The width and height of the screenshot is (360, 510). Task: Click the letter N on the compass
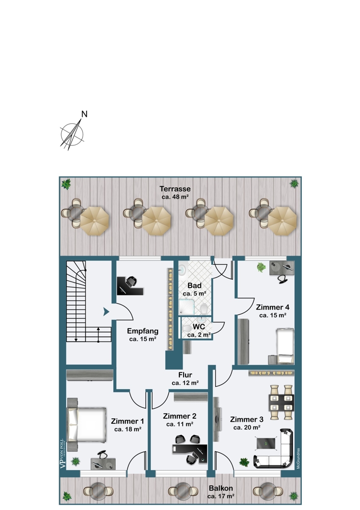[85, 114]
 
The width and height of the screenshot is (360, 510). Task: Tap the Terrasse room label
[174, 188]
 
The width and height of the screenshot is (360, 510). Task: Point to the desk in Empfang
[130, 286]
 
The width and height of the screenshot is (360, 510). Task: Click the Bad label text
[194, 286]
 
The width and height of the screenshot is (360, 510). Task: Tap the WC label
[198, 327]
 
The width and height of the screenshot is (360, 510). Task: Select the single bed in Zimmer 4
[285, 342]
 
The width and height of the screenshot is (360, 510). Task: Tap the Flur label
[185, 374]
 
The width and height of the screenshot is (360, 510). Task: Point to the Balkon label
[220, 488]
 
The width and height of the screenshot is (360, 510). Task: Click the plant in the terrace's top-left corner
[65, 184]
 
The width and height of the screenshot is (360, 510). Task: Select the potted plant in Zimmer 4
[262, 267]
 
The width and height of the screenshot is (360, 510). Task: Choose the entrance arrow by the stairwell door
[106, 312]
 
